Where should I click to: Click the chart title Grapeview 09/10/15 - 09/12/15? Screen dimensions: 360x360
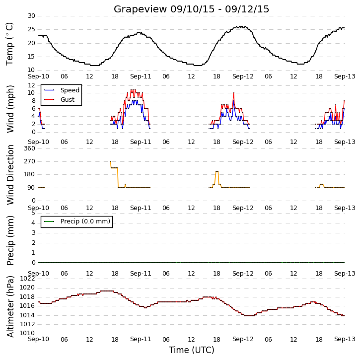click(191, 9)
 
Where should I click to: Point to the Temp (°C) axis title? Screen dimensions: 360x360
click(9, 44)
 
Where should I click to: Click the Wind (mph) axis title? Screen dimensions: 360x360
click(10, 109)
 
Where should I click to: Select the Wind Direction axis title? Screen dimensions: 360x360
click(10, 175)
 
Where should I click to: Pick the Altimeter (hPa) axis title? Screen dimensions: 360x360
click(10, 306)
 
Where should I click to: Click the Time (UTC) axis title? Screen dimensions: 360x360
click(192, 350)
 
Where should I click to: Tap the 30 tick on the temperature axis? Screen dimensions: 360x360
click(31, 16)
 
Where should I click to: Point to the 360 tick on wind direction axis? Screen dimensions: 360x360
click(30, 148)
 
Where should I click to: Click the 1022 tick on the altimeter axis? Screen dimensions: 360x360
click(27, 279)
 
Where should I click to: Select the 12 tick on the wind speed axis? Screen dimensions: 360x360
click(31, 85)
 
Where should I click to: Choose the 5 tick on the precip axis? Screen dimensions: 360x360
click(33, 213)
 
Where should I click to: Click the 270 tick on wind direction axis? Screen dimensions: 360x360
click(30, 161)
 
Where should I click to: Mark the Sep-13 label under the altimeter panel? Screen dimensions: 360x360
click(345, 339)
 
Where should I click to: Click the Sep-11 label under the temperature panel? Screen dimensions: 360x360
click(141, 76)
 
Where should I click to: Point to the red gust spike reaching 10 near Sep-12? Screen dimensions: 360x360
click(234, 93)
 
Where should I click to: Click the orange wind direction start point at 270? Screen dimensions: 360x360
click(110, 161)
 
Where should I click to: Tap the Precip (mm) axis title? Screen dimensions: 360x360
click(10, 241)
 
